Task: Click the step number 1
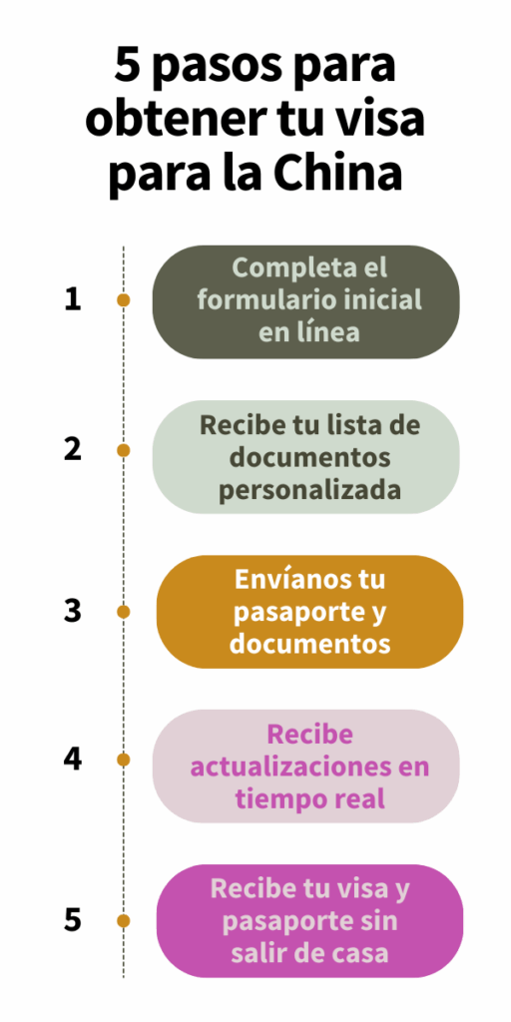(72, 300)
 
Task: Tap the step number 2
(72, 450)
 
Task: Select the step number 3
(72, 612)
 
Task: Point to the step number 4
(72, 760)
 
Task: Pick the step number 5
(72, 920)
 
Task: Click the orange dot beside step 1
(123, 300)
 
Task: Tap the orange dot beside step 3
(123, 612)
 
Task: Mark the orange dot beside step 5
(123, 920)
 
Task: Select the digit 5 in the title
(129, 66)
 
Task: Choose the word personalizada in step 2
(309, 490)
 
